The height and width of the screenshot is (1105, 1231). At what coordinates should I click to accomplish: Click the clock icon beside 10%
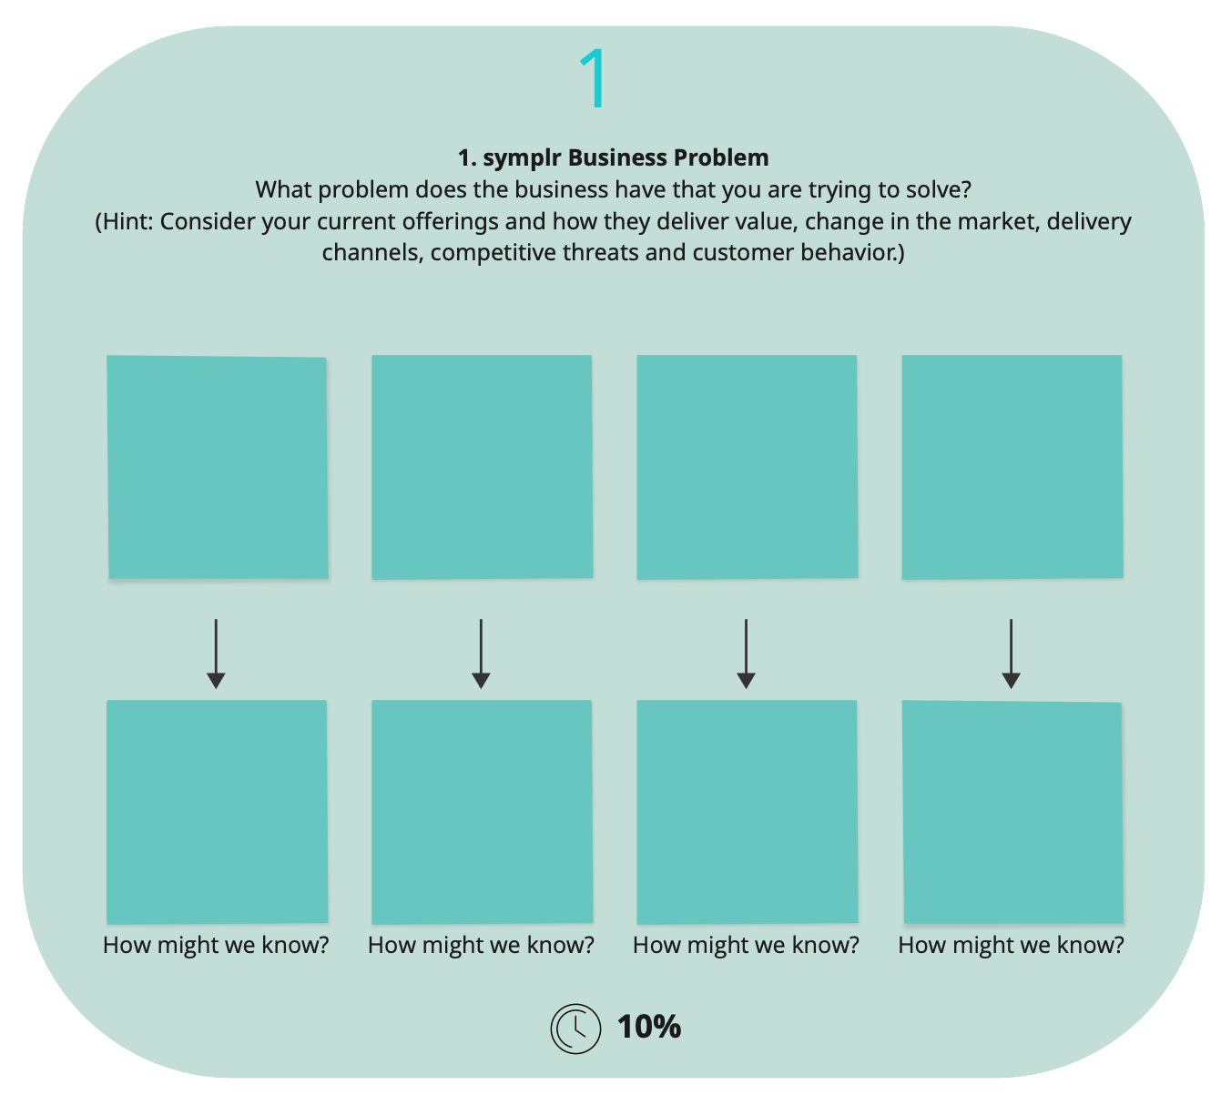coord(575,1029)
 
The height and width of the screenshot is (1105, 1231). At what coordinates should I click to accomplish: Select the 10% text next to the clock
coord(649,1028)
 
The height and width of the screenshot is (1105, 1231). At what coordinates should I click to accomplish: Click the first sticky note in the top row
coord(218,467)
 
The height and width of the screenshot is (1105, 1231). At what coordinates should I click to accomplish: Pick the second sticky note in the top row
coord(482,467)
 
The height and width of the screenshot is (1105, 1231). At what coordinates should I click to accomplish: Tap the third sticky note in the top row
coord(748,467)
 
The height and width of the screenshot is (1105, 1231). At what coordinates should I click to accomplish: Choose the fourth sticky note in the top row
coord(1012,467)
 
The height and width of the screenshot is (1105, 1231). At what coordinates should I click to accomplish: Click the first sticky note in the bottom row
coord(217,812)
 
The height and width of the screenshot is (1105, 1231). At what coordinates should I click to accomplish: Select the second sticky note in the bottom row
coord(482,812)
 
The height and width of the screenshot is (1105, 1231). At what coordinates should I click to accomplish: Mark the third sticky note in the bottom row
coord(748,812)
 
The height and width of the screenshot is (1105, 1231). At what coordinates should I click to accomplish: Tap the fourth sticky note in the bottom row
coord(1012,812)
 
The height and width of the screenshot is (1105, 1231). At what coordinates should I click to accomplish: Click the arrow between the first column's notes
coord(216,654)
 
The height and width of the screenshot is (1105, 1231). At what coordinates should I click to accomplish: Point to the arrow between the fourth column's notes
coord(1011,654)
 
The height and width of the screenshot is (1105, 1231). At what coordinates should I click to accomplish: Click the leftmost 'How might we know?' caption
coord(216,945)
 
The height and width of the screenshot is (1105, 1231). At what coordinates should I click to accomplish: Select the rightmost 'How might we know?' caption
coord(1011,945)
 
